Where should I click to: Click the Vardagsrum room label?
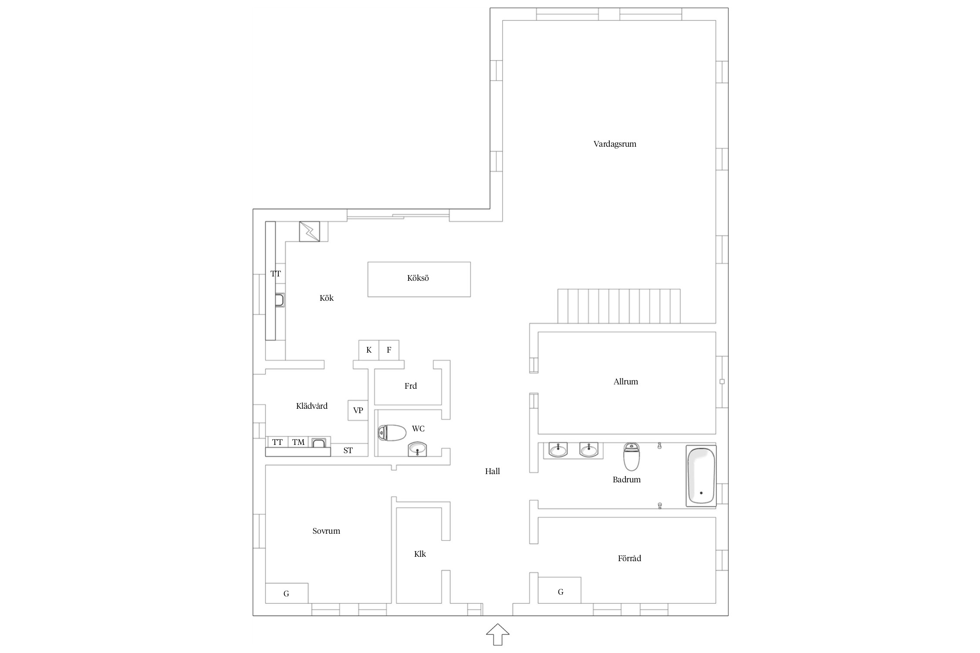pyautogui.click(x=615, y=144)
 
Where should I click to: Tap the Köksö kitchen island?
pyautogui.click(x=419, y=279)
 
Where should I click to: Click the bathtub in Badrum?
pyautogui.click(x=701, y=475)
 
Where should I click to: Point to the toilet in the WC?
pyautogui.click(x=392, y=433)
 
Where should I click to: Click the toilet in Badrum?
pyautogui.click(x=632, y=457)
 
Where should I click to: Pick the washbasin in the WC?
pyautogui.click(x=418, y=449)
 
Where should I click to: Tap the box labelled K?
pyautogui.click(x=368, y=350)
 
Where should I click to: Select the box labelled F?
pyautogui.click(x=389, y=350)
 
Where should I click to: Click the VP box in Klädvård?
pyautogui.click(x=358, y=410)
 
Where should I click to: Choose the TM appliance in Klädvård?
pyautogui.click(x=298, y=442)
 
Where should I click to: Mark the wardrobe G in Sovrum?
pyautogui.click(x=287, y=593)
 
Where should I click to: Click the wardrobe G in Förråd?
pyautogui.click(x=560, y=592)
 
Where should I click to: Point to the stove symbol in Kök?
pyautogui.click(x=309, y=232)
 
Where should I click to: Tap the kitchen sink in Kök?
pyautogui.click(x=280, y=300)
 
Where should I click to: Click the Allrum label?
pyautogui.click(x=625, y=382)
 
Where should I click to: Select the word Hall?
pyautogui.click(x=492, y=471)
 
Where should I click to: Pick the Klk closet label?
pyautogui.click(x=420, y=554)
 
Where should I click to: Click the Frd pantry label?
pyautogui.click(x=410, y=386)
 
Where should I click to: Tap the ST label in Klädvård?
pyautogui.click(x=348, y=451)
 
